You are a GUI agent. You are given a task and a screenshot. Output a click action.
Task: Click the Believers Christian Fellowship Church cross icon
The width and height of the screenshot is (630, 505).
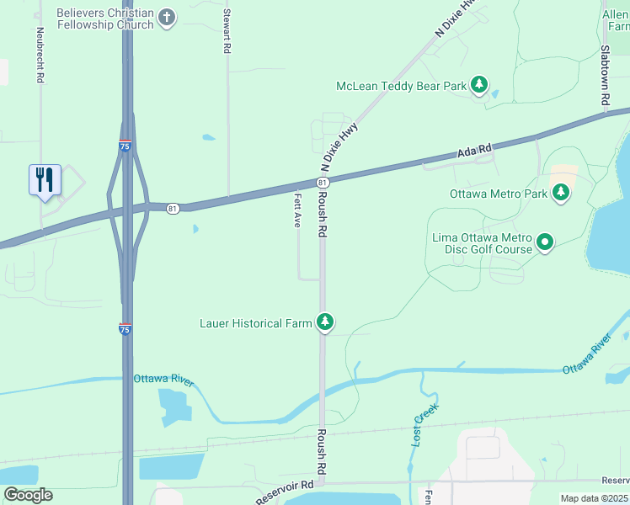[x=167, y=17]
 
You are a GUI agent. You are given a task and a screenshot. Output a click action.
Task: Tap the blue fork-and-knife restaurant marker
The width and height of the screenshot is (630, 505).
[x=45, y=180]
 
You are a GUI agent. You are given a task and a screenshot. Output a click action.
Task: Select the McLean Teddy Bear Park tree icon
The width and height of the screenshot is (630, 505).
[x=479, y=84]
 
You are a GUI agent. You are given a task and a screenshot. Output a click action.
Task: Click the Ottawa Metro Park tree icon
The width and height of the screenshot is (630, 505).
[x=561, y=194]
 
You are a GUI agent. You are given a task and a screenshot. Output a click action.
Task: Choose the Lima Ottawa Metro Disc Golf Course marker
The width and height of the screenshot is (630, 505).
[x=545, y=242]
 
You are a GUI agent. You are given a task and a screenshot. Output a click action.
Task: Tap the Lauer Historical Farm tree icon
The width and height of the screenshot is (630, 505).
[x=325, y=322]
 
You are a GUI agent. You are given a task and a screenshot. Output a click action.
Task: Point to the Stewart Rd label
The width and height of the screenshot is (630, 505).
[x=227, y=32]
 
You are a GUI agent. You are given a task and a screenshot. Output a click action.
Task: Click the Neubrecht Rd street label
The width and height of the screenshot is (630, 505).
[x=40, y=55]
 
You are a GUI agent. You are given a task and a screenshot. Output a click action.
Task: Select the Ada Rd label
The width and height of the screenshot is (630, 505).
[x=473, y=152]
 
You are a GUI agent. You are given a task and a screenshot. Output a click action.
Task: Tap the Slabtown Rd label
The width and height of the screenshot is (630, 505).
[x=606, y=76]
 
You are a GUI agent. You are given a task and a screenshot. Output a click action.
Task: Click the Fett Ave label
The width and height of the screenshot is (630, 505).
[x=297, y=210]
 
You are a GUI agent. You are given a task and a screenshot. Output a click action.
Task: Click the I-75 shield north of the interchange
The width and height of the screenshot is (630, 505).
[x=125, y=146]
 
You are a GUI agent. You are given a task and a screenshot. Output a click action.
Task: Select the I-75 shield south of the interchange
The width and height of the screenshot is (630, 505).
[x=125, y=329]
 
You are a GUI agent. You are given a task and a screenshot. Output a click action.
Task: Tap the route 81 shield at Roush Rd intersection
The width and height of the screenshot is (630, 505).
[x=322, y=183]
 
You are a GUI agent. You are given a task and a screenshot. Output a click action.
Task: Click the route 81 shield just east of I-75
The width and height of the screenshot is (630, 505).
[x=173, y=208]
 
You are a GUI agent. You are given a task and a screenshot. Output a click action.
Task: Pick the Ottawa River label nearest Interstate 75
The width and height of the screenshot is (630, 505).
[x=163, y=380]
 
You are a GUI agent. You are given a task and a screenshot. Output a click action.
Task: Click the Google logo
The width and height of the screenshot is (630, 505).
[x=28, y=495]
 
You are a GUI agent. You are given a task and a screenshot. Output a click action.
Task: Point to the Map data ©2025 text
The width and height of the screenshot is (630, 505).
[x=594, y=498]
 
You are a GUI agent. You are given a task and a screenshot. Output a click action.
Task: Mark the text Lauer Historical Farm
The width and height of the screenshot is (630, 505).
[x=256, y=322]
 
